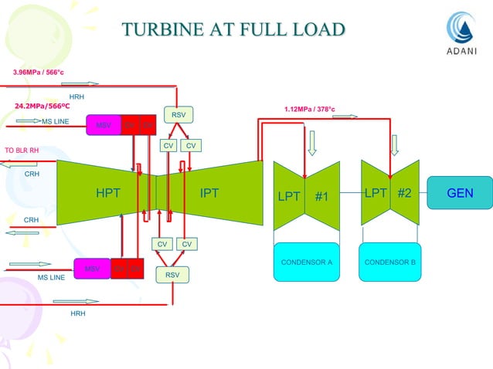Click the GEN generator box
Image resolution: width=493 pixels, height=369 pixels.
point(460,192)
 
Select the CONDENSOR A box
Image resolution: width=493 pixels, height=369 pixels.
point(306,262)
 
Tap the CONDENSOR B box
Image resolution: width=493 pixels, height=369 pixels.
point(390,262)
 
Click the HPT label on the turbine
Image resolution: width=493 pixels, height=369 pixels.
point(108,193)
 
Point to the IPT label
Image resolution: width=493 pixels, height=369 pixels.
point(209,193)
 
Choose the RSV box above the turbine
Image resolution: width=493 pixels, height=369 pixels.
point(178,115)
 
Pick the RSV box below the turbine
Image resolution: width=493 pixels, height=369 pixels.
point(172,274)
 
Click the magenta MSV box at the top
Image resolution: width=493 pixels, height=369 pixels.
point(103,124)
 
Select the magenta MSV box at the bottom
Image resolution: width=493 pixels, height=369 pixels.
point(92,269)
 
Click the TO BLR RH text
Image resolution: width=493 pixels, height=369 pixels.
point(22,151)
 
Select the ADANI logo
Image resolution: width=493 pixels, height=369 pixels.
point(463,34)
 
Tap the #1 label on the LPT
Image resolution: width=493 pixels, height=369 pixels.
point(322,196)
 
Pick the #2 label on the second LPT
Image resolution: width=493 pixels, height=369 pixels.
point(404,193)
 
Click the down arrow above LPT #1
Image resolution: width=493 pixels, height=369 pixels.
point(313,144)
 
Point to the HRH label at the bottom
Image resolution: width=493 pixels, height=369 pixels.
point(77,314)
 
